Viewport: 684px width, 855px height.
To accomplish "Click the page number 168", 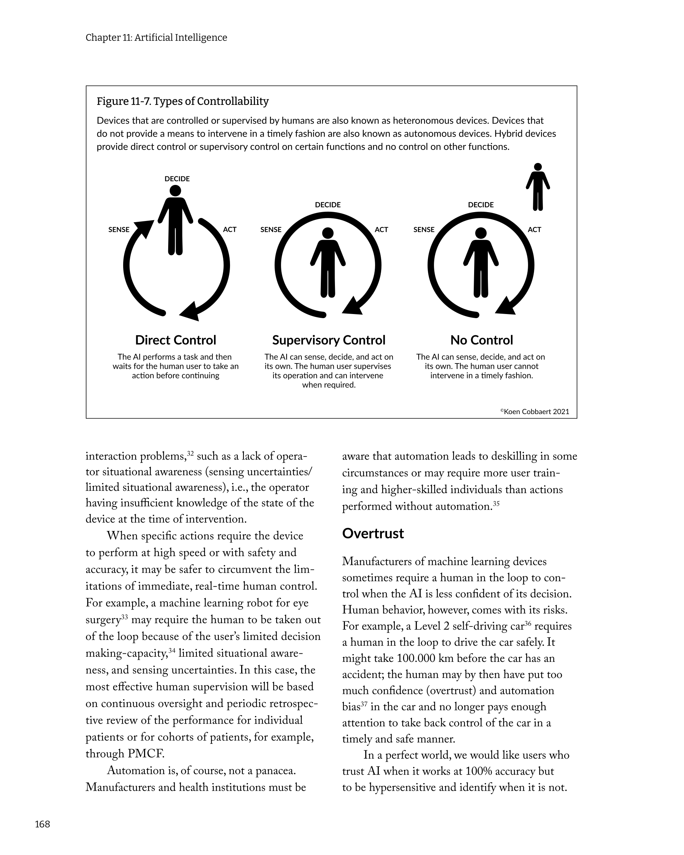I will click(42, 824).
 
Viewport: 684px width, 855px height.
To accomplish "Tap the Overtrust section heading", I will click(373, 534).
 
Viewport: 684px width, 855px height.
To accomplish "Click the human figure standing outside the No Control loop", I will click(538, 187).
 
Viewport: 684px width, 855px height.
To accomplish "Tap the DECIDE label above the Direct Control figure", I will click(177, 179).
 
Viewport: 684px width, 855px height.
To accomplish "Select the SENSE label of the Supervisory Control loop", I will click(271, 230).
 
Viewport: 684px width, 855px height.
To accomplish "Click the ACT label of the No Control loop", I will click(534, 230).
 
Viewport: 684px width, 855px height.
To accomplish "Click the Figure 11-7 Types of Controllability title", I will click(182, 101).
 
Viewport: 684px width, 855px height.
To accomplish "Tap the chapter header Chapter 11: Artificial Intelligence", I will click(156, 38).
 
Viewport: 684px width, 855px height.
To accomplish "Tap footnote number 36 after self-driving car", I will click(527, 624).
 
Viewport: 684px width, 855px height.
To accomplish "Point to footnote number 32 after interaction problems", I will click(190, 453).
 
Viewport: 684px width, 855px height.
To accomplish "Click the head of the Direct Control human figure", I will click(175, 191).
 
